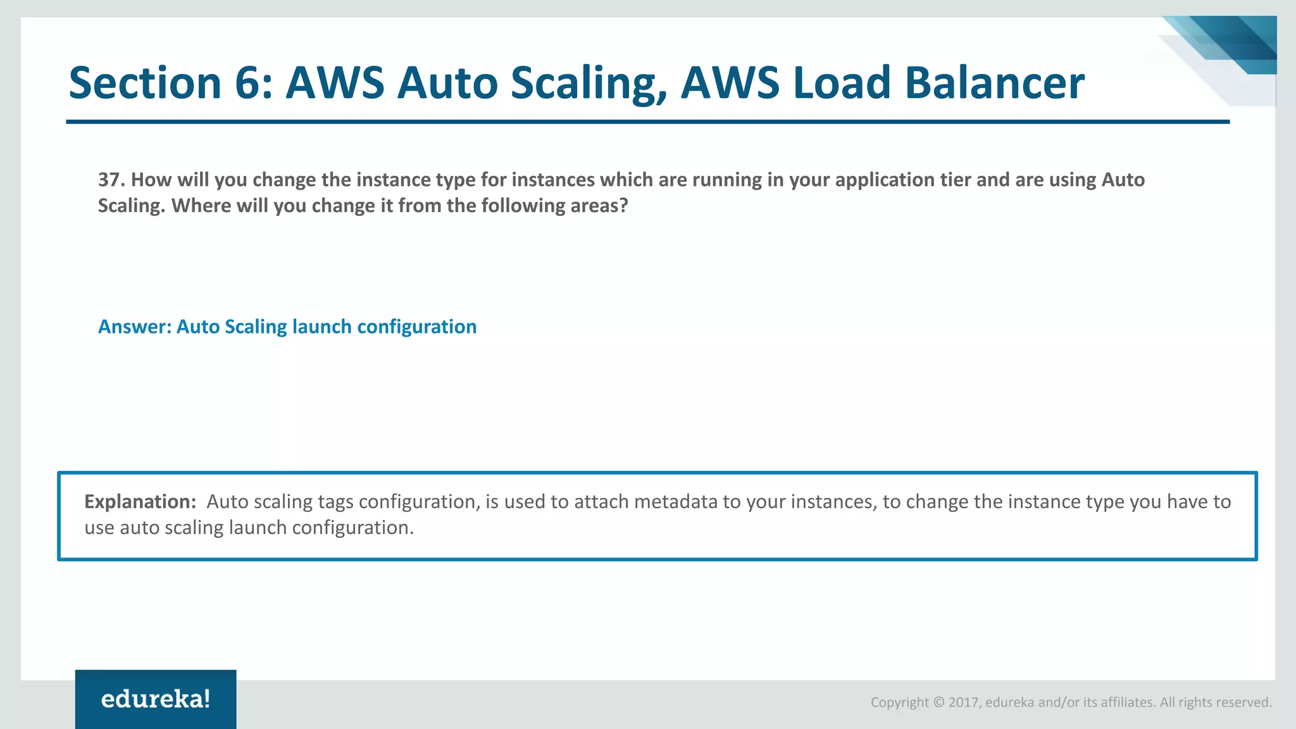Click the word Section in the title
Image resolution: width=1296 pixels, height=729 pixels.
click(x=145, y=83)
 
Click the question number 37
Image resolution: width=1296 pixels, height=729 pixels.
click(x=111, y=180)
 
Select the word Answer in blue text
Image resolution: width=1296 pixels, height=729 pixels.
click(x=134, y=327)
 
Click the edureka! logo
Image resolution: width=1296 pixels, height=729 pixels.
click(x=156, y=699)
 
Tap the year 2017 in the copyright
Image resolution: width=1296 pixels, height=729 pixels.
click(x=963, y=702)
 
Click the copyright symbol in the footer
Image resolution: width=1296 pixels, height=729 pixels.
click(x=938, y=702)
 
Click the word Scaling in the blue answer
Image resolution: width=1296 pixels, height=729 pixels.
click(x=256, y=327)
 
